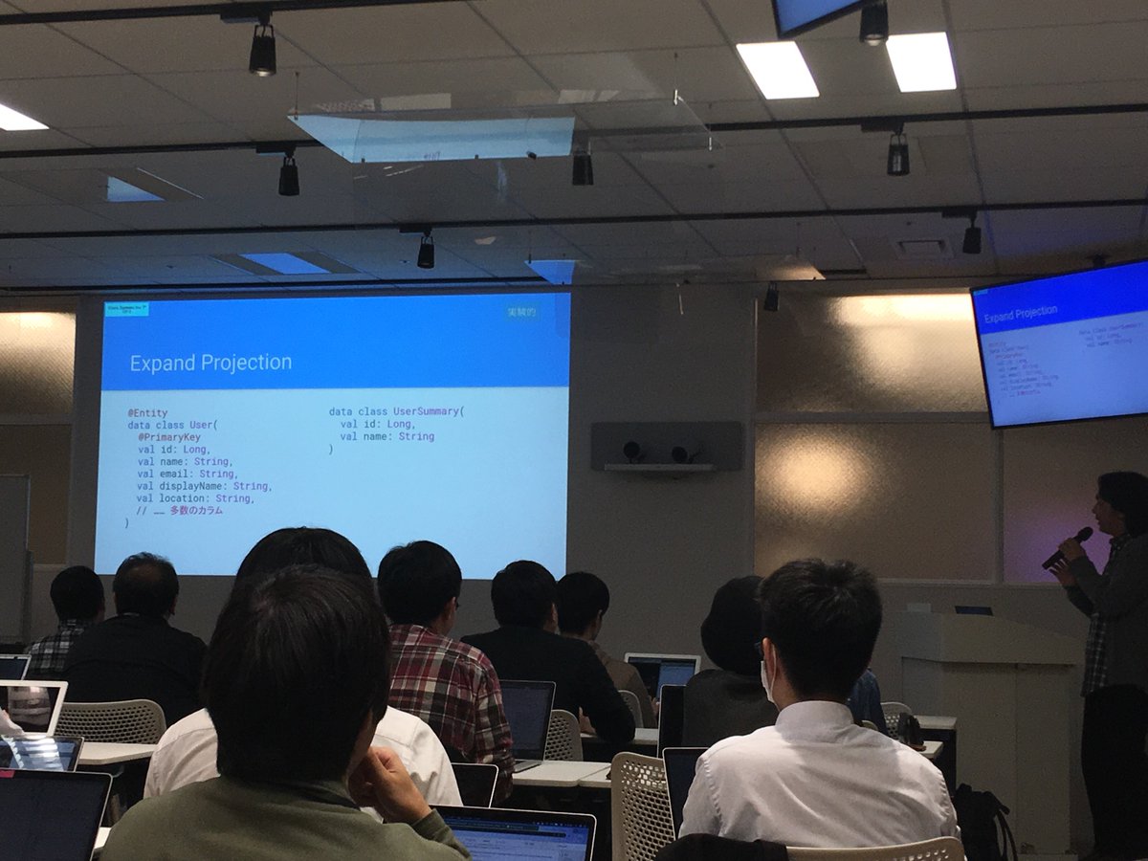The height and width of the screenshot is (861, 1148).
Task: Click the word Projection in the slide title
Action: pos(243,364)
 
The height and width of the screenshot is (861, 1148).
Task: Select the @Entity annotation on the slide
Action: pos(147,413)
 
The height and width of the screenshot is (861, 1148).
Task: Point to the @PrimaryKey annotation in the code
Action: pos(169,437)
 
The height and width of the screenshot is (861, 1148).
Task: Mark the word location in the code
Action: pos(184,498)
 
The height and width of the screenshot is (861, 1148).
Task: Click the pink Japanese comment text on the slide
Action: pos(196,511)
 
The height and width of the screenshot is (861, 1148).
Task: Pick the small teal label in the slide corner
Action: pos(126,309)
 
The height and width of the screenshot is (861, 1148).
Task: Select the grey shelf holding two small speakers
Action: pos(660,466)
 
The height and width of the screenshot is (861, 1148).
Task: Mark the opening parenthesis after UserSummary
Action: pos(463,412)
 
